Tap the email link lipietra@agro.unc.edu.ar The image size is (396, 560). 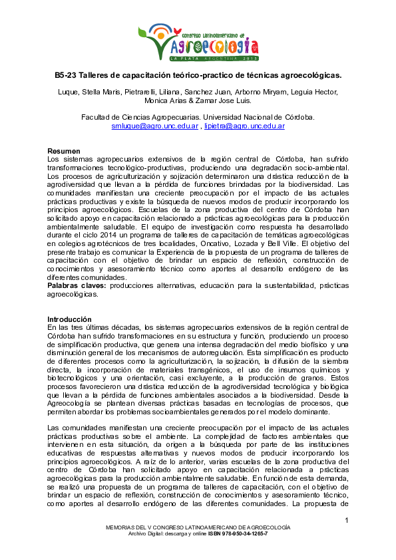point(244,126)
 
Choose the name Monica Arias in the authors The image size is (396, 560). point(160,100)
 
